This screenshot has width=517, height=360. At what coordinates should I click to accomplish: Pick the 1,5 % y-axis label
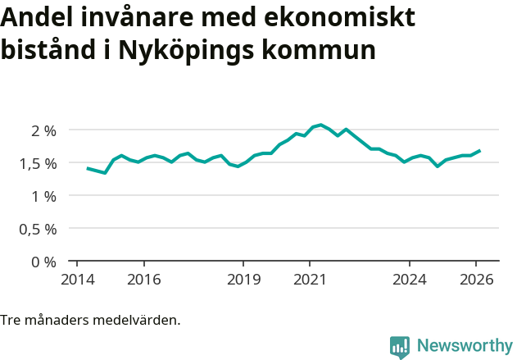point(38,163)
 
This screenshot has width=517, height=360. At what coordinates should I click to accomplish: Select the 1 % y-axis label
point(44,196)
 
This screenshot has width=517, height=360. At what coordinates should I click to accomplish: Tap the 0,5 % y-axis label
point(38,229)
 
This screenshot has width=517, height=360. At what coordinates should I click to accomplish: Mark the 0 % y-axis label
point(44,262)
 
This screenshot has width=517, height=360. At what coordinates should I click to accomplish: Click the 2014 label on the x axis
point(77,279)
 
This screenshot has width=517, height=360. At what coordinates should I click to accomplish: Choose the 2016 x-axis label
point(143,279)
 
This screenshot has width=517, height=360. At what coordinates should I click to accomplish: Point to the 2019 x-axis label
point(243,279)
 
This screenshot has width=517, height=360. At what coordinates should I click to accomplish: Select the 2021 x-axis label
point(310,279)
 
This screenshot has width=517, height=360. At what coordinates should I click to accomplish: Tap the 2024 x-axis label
point(410,279)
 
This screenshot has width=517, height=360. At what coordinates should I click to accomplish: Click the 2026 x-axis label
point(476,279)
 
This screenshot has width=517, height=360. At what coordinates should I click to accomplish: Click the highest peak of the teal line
point(320,125)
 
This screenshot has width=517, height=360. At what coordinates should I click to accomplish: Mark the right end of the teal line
point(480,151)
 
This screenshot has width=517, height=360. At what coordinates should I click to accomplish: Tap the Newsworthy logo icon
point(400,347)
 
